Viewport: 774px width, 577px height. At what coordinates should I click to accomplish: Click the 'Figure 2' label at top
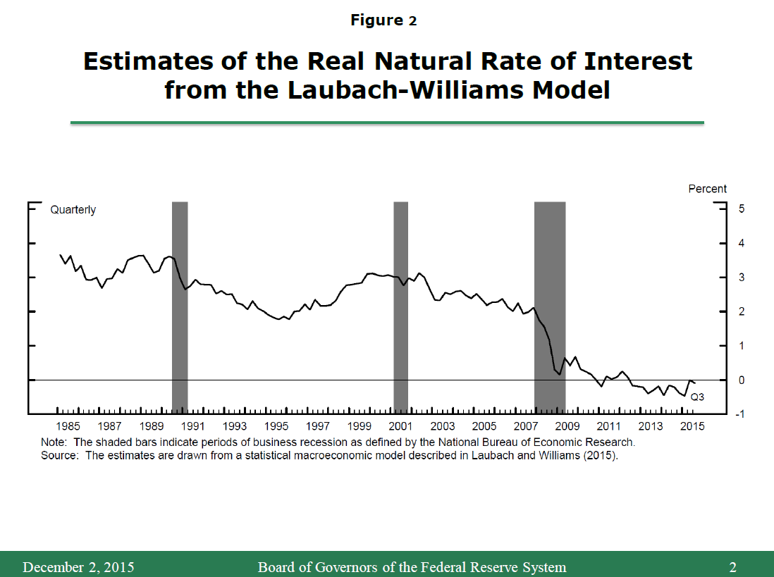pos(383,20)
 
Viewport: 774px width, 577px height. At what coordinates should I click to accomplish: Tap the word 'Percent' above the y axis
pos(707,189)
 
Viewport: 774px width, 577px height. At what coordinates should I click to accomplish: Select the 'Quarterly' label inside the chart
pos(73,210)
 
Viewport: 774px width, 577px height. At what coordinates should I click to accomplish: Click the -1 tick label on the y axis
pos(720,414)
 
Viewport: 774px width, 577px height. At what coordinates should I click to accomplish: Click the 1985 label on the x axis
pos(68,426)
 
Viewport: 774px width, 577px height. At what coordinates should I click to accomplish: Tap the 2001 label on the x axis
pos(400,426)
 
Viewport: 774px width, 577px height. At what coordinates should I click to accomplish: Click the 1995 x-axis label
pos(276,426)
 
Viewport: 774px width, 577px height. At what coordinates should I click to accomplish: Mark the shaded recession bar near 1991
pos(180,306)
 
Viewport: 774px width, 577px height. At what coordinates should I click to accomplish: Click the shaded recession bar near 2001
pos(400,306)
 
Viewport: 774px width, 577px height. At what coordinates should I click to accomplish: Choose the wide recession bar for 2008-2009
pos(550,306)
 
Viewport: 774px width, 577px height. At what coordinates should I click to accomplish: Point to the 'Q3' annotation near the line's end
pos(697,397)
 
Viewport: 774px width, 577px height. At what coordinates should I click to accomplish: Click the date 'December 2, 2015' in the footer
pos(78,567)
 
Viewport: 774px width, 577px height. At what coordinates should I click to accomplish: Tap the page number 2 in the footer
pos(733,567)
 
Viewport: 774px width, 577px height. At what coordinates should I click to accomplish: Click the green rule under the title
pos(387,123)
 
